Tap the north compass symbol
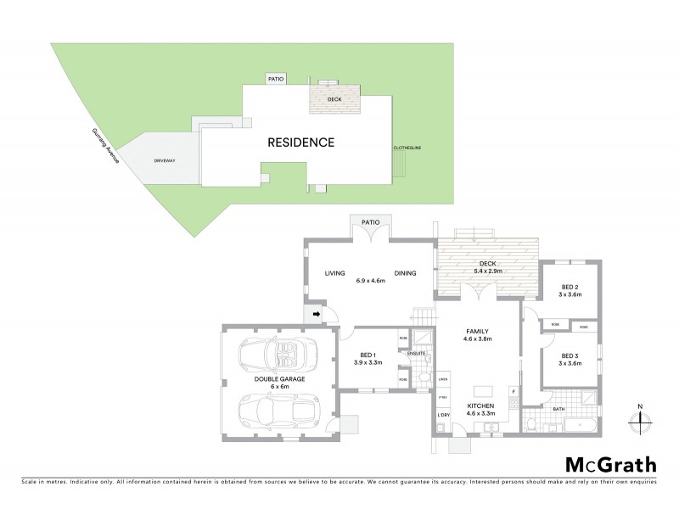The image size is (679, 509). point(640,417)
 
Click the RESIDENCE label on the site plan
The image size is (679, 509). point(301,142)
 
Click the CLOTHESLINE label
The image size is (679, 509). point(407,148)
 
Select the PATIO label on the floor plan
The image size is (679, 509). point(370,222)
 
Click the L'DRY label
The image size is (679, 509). point(443,415)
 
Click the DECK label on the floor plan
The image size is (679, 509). point(488,263)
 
